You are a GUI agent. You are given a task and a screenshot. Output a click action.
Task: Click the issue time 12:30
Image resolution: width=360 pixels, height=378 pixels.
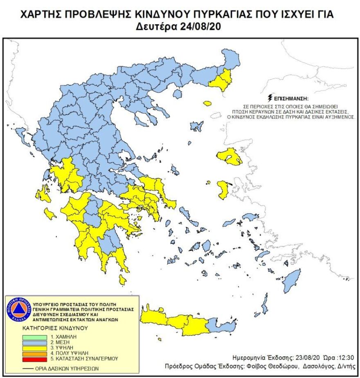346,356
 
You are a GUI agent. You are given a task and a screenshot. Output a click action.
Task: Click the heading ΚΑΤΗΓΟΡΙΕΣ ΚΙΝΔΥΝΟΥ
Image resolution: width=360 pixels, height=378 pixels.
55,328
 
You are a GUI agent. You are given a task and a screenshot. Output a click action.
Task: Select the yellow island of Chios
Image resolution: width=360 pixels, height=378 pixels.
223,189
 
